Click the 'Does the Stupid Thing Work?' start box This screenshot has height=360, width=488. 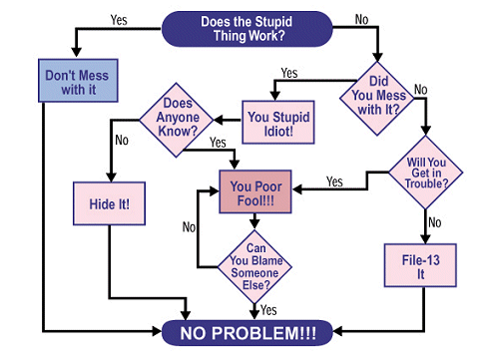[246, 29]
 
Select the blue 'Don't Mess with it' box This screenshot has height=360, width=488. [78, 81]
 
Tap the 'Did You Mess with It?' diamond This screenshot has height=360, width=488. [377, 99]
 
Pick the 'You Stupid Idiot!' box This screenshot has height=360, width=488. [278, 122]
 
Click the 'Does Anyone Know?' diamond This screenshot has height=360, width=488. [177, 120]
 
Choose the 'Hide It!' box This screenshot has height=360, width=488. [109, 203]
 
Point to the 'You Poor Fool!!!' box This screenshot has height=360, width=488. [255, 191]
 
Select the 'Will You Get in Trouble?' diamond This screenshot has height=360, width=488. [426, 173]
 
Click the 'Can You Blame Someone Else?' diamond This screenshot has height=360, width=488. [254, 266]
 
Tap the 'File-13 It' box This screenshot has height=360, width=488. [420, 265]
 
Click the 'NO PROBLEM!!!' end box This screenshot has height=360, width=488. [247, 333]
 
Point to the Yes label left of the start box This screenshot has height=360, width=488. [119, 20]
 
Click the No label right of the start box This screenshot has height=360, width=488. [361, 20]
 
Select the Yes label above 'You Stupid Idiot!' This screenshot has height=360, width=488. [289, 73]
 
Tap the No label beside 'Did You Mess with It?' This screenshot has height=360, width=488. [420, 90]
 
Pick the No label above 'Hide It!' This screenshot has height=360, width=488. [122, 140]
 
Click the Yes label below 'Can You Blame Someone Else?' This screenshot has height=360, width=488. [268, 310]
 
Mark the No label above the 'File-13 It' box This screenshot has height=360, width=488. [435, 222]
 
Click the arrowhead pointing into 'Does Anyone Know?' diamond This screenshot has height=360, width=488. [219, 120]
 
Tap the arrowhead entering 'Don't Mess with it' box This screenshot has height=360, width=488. [76, 52]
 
